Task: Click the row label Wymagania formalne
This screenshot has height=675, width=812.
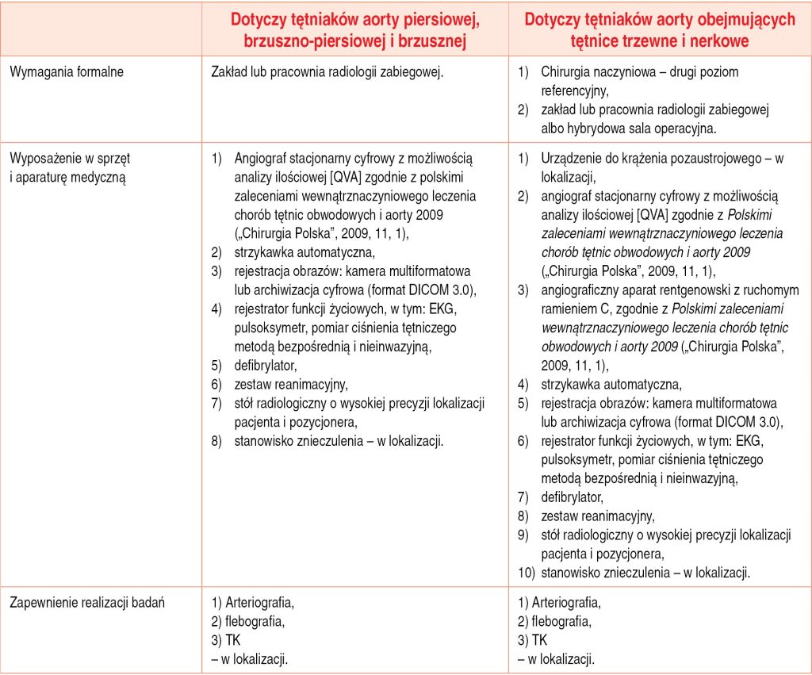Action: coord(67,72)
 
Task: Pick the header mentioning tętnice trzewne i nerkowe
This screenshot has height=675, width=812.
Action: coord(659,29)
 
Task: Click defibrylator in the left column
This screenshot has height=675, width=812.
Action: coord(265,366)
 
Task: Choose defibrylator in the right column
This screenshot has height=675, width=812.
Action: coord(572,497)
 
